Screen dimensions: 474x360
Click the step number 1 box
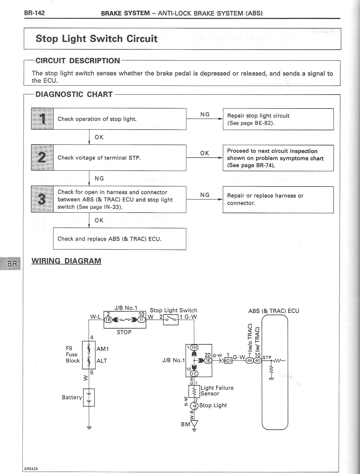click(x=42, y=119)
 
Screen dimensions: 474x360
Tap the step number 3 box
click(x=42, y=199)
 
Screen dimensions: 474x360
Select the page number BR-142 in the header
click(x=35, y=13)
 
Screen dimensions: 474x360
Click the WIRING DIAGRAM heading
click(x=66, y=261)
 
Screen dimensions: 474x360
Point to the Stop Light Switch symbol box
click(x=170, y=319)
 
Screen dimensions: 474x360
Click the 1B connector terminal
click(x=108, y=320)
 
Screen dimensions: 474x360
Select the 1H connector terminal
click(x=194, y=348)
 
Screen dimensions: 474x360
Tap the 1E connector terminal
click(x=207, y=361)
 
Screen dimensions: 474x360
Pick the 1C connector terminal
click(x=194, y=374)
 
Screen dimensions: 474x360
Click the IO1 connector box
click(x=228, y=361)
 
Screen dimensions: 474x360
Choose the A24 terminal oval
click(x=249, y=361)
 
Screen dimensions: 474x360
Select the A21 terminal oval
click(x=257, y=361)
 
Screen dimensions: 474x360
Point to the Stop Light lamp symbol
click(x=194, y=405)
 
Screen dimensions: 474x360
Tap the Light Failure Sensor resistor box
click(x=194, y=391)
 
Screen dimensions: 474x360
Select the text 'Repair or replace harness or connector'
click(x=265, y=199)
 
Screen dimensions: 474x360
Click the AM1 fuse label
click(x=103, y=349)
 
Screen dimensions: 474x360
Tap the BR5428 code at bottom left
click(x=31, y=469)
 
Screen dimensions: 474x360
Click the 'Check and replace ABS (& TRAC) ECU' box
click(x=119, y=239)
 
